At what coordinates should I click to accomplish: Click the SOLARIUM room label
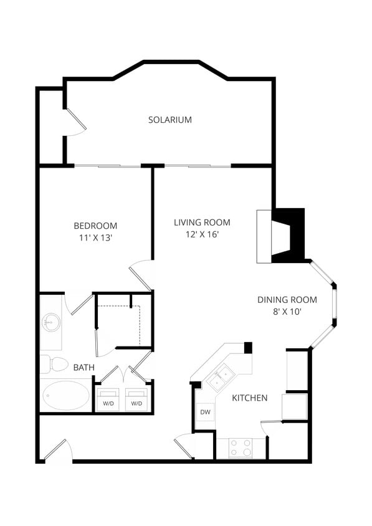[x=169, y=120]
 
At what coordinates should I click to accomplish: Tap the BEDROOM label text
[x=95, y=226]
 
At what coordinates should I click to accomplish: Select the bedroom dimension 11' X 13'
[x=95, y=237]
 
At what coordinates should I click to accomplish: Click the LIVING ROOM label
[x=202, y=222]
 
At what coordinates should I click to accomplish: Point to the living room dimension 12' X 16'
[x=202, y=234]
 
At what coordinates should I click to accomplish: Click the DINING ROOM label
[x=287, y=300]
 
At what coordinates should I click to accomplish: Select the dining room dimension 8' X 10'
[x=287, y=312]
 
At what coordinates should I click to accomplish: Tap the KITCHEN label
[x=250, y=398]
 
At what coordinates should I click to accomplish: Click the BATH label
[x=84, y=368]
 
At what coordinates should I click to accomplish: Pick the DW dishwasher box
[x=204, y=411]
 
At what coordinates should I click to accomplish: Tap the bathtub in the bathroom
[x=65, y=395]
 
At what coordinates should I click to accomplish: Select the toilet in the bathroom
[x=54, y=363]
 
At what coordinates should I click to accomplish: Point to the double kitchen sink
[x=221, y=378]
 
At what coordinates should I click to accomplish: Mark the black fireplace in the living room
[x=289, y=236]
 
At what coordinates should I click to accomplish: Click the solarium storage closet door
[x=75, y=123]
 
